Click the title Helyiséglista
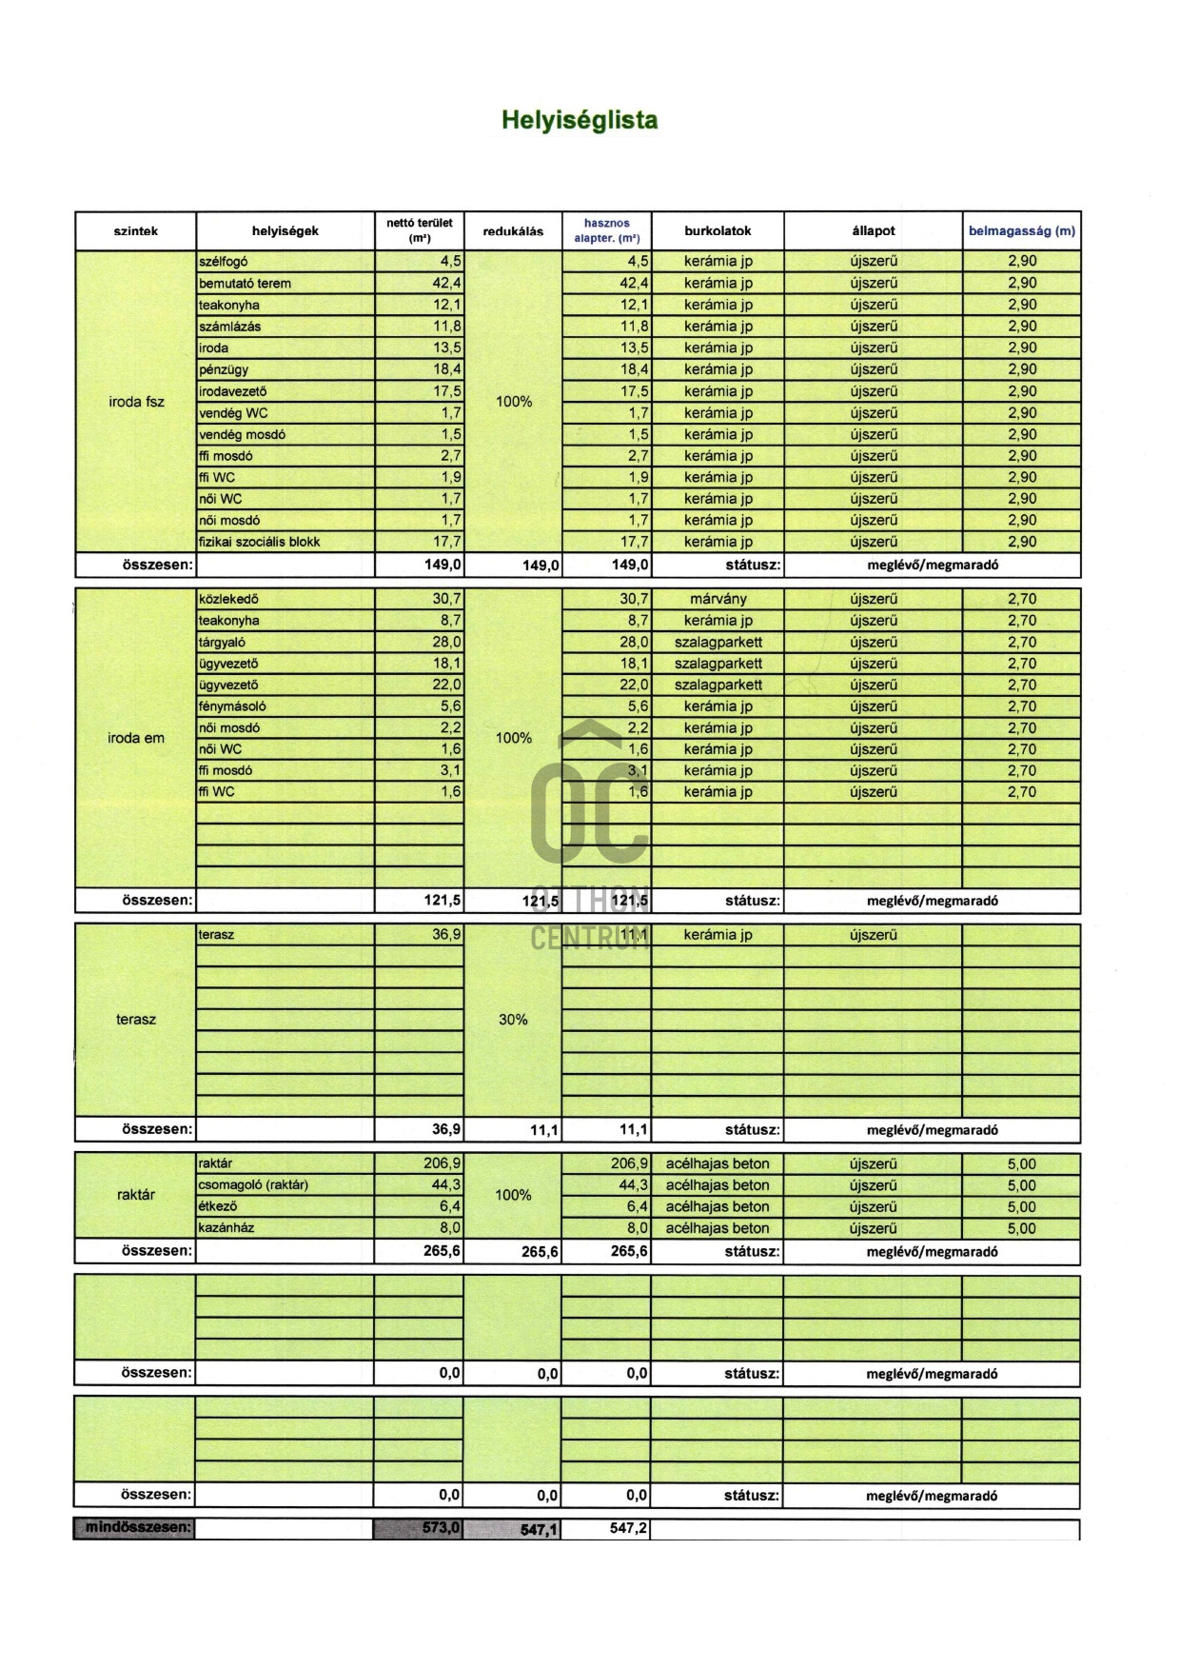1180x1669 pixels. pos(580,121)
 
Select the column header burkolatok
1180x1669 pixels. pos(718,230)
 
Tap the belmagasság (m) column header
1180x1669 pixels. pos(1021,230)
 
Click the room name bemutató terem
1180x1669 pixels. pos(245,283)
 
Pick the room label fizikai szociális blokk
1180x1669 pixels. pos(259,542)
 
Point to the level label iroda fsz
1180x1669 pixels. pos(136,402)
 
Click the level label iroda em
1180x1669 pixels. pos(136,738)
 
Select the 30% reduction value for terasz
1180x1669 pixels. pos(513,1020)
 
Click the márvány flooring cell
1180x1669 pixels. pos(718,599)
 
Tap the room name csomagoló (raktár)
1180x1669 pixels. pos(253,1185)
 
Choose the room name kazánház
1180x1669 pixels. pos(226,1228)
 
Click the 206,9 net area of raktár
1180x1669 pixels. pos(442,1163)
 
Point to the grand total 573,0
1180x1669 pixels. pos(441,1528)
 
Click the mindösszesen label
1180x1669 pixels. pos(137,1528)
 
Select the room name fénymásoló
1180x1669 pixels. pos(232,706)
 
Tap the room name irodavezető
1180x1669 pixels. pos(232,391)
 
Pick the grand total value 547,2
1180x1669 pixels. pos(628,1528)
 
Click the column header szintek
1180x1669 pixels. pos(135,230)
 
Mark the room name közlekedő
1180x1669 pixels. pos(228,599)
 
